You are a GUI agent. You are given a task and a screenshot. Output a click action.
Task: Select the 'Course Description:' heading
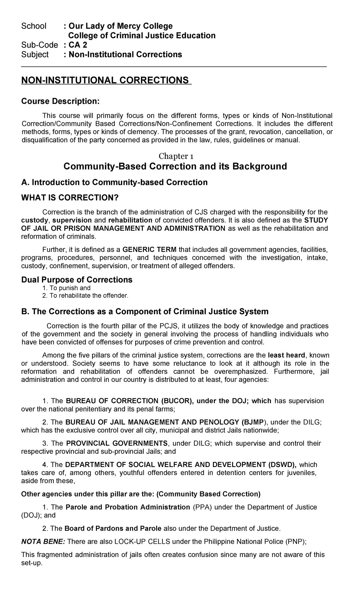pos(60,101)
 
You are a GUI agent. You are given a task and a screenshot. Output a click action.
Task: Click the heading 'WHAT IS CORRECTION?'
pos(70,198)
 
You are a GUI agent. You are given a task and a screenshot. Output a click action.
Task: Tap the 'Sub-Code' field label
pos(39,45)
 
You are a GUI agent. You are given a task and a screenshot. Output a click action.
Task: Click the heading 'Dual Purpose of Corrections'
pos(77,280)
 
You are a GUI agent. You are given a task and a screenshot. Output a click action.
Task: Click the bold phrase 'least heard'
pos(286,355)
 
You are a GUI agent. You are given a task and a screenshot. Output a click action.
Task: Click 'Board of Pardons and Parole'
pos(113,528)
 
